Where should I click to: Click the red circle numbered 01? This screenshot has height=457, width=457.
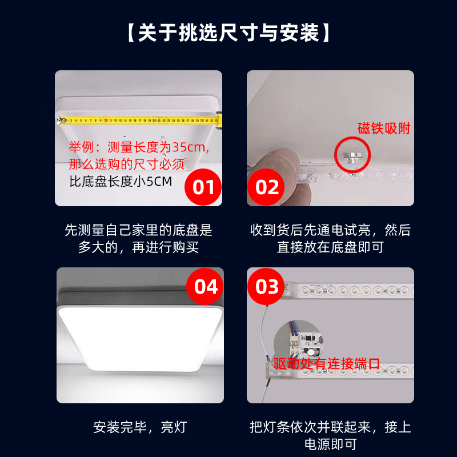[203, 187]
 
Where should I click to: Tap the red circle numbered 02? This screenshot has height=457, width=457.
[266, 187]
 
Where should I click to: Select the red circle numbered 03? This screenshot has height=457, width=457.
[266, 287]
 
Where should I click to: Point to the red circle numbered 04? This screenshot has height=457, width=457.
[205, 287]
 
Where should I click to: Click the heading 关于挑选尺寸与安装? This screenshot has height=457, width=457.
[228, 33]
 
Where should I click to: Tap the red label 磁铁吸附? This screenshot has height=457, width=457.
[384, 128]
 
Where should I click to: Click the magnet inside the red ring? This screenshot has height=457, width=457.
[352, 157]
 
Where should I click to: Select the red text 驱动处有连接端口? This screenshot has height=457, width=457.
[327, 363]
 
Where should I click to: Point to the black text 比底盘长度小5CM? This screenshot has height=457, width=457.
[121, 182]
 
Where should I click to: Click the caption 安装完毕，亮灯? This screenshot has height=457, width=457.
[140, 427]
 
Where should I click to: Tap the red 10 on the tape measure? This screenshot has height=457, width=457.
[106, 120]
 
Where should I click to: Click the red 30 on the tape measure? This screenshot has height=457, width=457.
[202, 120]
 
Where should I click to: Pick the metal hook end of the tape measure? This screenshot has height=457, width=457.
[61, 121]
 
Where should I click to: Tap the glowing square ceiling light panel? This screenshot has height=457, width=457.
[140, 338]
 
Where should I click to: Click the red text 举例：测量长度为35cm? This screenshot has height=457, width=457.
[139, 147]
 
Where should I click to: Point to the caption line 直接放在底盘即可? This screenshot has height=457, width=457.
[330, 247]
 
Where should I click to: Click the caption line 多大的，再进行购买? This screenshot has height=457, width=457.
[138, 247]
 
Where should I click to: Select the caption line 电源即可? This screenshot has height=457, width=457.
[330, 444]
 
